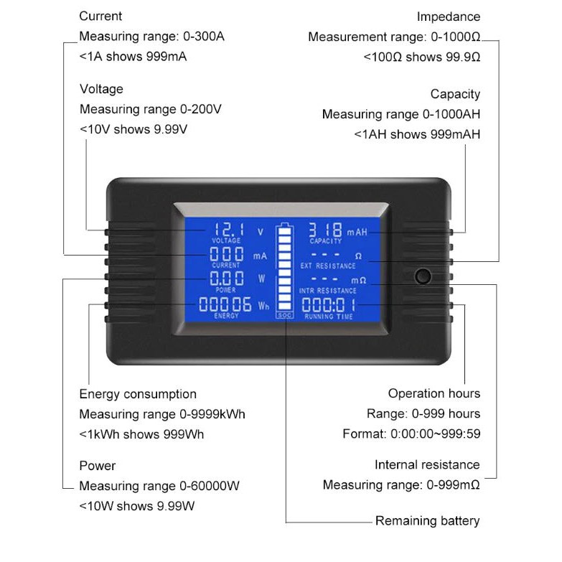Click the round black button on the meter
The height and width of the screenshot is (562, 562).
click(423, 276)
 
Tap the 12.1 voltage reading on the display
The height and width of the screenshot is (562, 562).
click(229, 230)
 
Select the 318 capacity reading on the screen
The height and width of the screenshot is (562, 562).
click(325, 230)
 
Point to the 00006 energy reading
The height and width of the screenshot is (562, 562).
click(225, 304)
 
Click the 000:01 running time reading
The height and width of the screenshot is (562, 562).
click(329, 305)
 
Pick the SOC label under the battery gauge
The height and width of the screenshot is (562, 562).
click(284, 315)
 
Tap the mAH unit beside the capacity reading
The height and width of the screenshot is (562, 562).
click(357, 233)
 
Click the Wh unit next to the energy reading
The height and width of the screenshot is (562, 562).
click(263, 306)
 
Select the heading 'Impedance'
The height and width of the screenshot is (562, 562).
click(448, 17)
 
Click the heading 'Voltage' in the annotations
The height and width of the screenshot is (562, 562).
click(101, 89)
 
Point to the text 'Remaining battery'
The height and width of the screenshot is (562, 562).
click(427, 521)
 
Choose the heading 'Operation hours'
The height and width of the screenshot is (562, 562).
click(434, 393)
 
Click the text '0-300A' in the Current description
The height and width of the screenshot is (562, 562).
click(204, 36)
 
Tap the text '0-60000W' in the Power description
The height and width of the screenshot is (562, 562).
click(210, 486)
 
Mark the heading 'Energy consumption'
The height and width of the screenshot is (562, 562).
click(138, 394)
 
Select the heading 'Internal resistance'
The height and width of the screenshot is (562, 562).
click(427, 465)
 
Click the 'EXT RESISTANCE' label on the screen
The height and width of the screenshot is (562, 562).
click(328, 266)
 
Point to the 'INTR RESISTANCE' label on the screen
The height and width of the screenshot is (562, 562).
click(328, 290)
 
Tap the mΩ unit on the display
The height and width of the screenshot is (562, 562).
click(358, 281)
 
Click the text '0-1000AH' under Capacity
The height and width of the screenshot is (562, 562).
click(451, 114)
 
